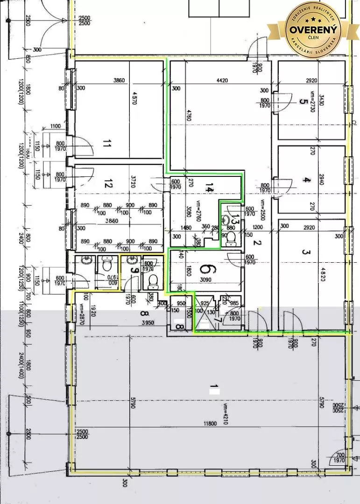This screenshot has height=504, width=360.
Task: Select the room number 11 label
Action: [x=106, y=144]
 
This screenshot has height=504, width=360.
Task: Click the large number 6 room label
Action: [x=205, y=269]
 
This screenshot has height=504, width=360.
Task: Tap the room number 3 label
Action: [x=306, y=252]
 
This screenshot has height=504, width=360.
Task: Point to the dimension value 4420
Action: [x=222, y=80]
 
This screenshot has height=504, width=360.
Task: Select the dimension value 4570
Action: [x=135, y=104]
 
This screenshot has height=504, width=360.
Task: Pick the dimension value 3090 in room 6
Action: [x=205, y=280]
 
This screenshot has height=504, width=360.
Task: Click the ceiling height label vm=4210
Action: [x=225, y=413]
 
